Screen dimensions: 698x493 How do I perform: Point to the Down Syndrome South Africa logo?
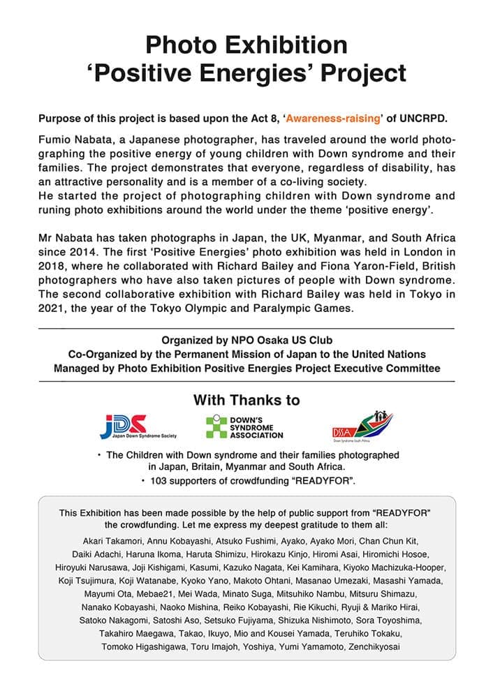[362, 425]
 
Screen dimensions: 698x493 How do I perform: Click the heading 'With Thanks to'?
[246, 400]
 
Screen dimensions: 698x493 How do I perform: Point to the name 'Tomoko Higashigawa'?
[141, 648]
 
